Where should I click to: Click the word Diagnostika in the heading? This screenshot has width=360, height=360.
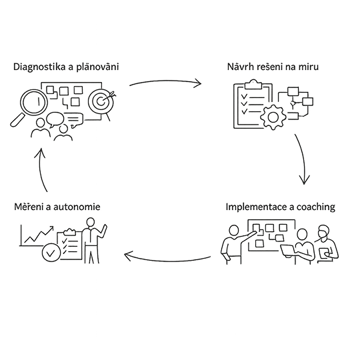[39, 67]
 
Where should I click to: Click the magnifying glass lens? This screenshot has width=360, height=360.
[34, 102]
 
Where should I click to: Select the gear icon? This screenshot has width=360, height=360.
[273, 117]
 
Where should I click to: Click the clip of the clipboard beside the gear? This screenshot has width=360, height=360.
[253, 84]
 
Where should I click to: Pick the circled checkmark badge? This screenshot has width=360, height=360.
[51, 253]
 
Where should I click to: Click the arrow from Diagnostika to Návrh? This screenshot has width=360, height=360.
[165, 81]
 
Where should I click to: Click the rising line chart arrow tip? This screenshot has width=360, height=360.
[53, 227]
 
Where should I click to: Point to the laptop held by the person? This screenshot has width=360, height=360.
[288, 250]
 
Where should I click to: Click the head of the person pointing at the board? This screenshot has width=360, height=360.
[234, 231]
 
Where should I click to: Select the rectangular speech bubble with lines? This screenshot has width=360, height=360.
[74, 119]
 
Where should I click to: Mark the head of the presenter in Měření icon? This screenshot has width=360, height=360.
[91, 222]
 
